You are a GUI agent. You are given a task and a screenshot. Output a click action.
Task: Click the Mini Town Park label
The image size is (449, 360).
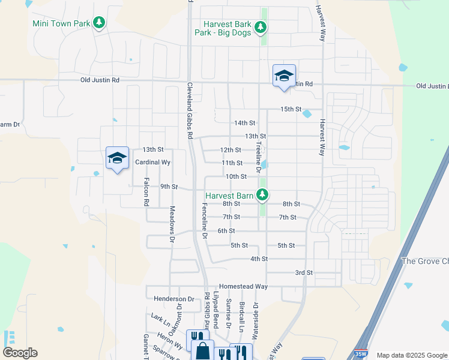click(x=61, y=23)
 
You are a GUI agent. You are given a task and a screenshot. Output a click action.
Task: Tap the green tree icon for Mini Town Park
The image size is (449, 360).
click(x=100, y=23)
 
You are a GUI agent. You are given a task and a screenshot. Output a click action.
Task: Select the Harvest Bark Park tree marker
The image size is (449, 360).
click(x=261, y=27)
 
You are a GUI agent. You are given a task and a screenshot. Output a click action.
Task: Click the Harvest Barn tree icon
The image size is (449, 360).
click(x=262, y=194)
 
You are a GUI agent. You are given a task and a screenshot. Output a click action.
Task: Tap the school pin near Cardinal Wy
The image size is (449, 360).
click(x=118, y=158)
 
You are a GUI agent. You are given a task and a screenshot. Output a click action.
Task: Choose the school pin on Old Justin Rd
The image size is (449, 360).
click(x=284, y=76)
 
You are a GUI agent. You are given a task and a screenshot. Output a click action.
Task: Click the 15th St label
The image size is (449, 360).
click(x=291, y=109)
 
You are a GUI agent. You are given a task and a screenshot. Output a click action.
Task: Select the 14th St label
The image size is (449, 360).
click(x=244, y=122)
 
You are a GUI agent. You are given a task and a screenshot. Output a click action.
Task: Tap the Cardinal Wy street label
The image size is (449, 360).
click(x=153, y=162)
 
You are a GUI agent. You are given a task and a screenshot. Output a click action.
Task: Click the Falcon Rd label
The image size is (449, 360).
click(x=146, y=192)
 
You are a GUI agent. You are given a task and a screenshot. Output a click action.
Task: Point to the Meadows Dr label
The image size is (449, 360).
click(x=172, y=224)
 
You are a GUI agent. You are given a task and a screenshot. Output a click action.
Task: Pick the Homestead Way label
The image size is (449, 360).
click(x=243, y=286)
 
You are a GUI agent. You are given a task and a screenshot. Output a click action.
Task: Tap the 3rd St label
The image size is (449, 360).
click(x=304, y=272)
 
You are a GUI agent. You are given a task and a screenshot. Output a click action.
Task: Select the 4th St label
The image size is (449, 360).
click(x=259, y=259)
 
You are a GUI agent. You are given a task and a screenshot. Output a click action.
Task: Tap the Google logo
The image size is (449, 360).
click(x=20, y=353)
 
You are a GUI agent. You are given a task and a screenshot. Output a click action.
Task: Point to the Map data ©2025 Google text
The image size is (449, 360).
click(x=411, y=355)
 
